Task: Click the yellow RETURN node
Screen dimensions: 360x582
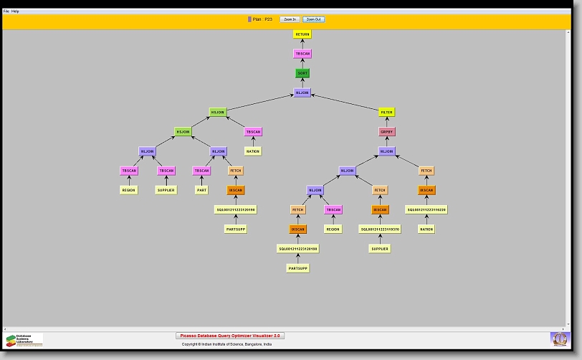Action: point(302,34)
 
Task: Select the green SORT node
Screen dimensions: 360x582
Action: point(302,73)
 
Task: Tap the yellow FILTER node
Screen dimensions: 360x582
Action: point(387,113)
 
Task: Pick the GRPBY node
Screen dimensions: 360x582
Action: point(387,132)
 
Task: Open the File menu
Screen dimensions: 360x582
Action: point(6,11)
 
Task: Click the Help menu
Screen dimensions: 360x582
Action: point(15,11)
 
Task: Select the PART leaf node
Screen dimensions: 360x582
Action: point(202,190)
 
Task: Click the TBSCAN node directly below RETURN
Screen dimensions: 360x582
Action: point(302,54)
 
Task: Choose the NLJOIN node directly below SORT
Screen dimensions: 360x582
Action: point(302,93)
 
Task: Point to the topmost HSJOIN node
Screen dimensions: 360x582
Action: point(218,113)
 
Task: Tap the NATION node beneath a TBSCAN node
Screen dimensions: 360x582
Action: point(253,151)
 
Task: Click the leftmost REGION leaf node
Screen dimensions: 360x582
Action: point(129,190)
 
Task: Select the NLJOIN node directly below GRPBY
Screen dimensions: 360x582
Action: point(387,151)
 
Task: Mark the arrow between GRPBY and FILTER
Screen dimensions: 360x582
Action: point(387,122)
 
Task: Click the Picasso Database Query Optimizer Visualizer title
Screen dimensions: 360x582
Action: point(230,336)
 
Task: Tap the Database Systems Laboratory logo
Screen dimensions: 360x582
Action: point(24,340)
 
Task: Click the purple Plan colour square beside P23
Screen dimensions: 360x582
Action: point(249,19)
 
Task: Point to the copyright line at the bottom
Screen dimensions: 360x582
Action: point(226,344)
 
